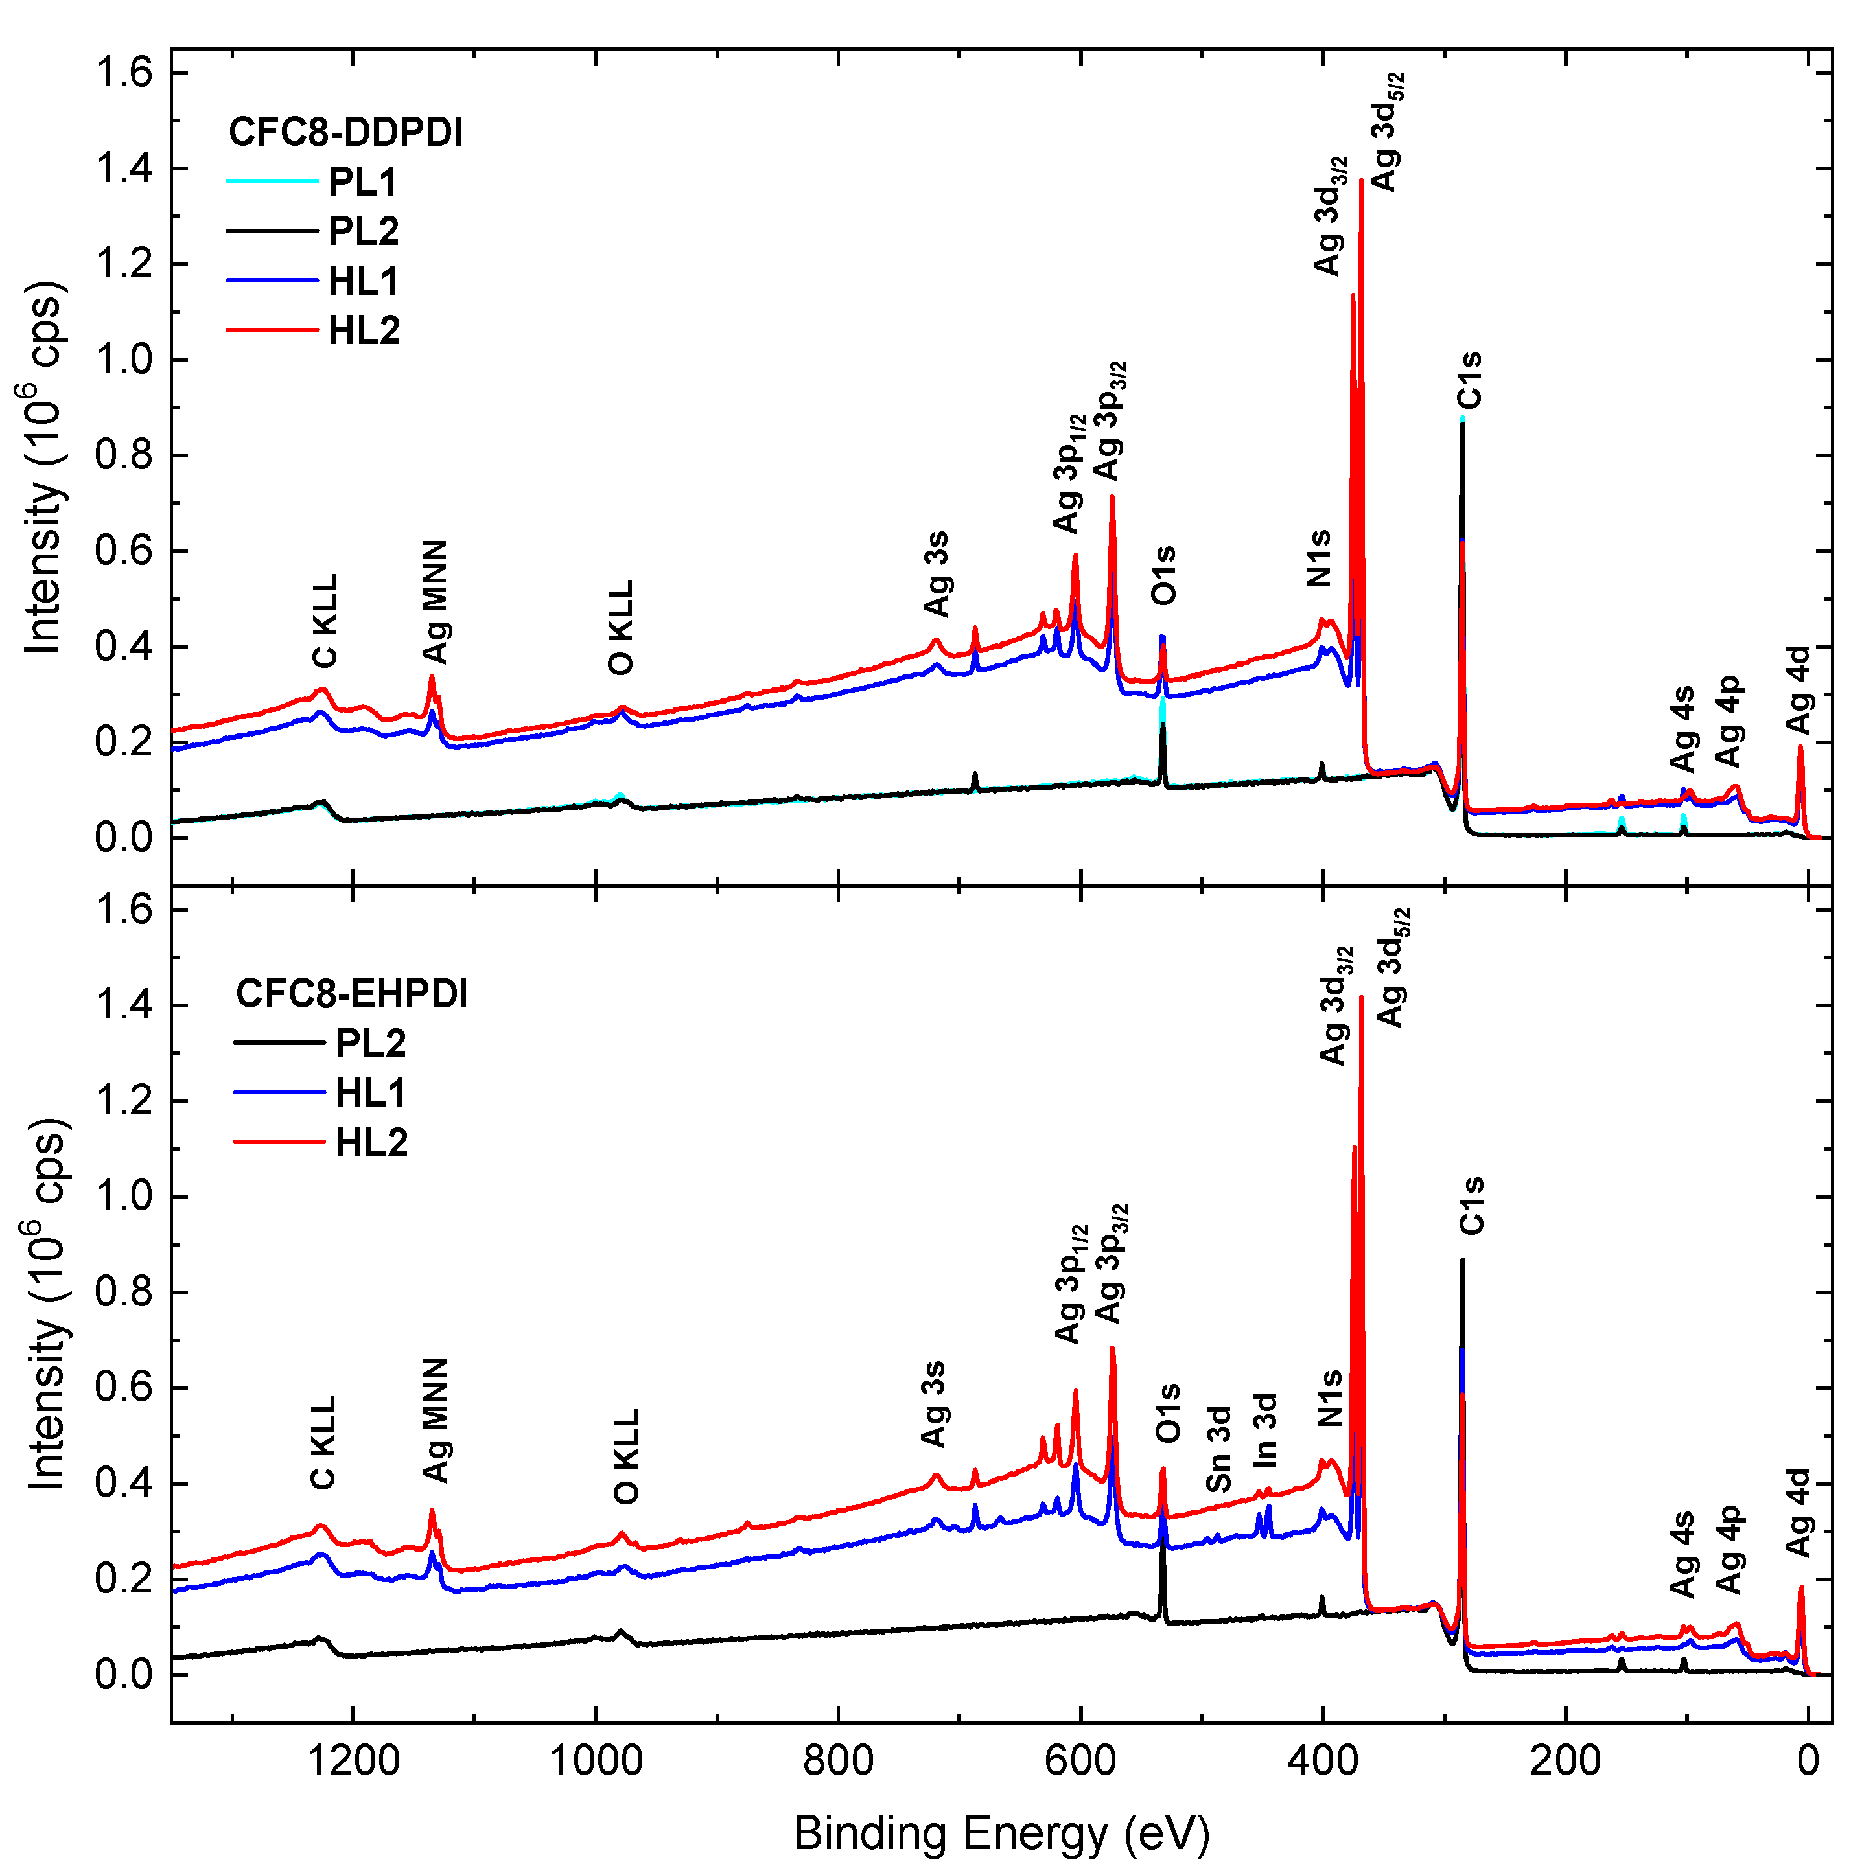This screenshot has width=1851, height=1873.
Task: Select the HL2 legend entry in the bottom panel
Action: (x=371, y=1143)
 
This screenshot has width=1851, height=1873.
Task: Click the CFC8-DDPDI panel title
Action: (x=345, y=133)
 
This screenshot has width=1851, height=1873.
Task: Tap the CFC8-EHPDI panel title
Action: (x=352, y=994)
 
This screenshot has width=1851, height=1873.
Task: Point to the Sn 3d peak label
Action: (x=1219, y=1449)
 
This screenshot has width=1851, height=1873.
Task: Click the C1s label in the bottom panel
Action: (x=1471, y=1205)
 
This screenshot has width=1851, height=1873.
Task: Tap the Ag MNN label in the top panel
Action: (x=436, y=601)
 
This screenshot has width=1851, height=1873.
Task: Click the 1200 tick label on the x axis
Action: (x=353, y=1760)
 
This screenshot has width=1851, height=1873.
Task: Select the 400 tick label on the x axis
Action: (x=1323, y=1760)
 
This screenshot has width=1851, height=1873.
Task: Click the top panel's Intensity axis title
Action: (x=43, y=468)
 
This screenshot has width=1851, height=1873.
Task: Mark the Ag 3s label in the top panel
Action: (x=936, y=574)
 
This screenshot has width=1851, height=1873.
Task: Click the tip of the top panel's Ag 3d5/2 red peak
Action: (x=1361, y=180)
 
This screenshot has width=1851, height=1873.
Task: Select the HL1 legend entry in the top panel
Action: (x=363, y=281)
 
